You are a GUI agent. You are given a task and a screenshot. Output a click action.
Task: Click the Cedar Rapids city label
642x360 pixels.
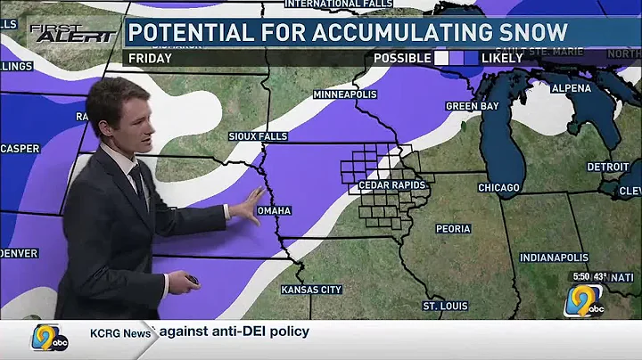coord(392,185)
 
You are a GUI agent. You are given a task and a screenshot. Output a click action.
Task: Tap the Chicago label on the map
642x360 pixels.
coord(498,188)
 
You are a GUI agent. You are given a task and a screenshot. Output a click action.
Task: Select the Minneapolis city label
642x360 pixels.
coord(344,94)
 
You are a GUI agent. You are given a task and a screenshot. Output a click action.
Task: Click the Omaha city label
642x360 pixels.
coord(274,210)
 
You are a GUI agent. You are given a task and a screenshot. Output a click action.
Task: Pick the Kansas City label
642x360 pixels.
coord(311,290)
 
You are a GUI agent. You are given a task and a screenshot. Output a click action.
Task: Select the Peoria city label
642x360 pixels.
coord(453,229)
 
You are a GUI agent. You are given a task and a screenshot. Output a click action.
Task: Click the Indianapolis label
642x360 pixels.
coord(555,258)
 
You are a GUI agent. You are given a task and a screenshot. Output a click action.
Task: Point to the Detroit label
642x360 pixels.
coord(608,168)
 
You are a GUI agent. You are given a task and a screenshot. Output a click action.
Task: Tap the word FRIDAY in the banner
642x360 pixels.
coord(151,58)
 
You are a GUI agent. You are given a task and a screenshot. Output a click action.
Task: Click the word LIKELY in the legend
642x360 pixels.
coord(503,58)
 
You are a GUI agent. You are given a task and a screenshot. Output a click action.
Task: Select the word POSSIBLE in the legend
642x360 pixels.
coord(403,58)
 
